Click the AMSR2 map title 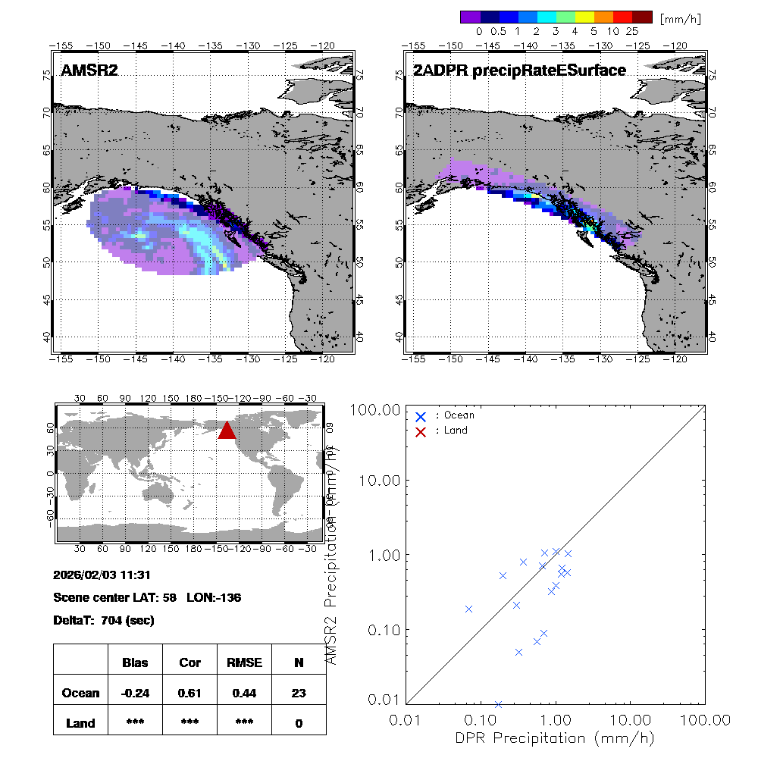[x=89, y=71]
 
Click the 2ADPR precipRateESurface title [x=519, y=71]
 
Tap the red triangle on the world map [x=227, y=430]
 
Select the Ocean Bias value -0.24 [x=135, y=693]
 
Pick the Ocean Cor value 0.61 [x=189, y=693]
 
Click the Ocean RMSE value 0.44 [x=244, y=693]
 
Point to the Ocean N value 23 [x=299, y=693]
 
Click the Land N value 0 [x=299, y=723]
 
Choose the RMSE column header [x=244, y=662]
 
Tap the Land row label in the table [x=81, y=723]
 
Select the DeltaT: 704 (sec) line [x=104, y=620]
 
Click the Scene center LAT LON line [x=147, y=597]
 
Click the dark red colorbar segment [x=643, y=17]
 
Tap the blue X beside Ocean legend [x=421, y=416]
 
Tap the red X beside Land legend [x=421, y=431]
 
